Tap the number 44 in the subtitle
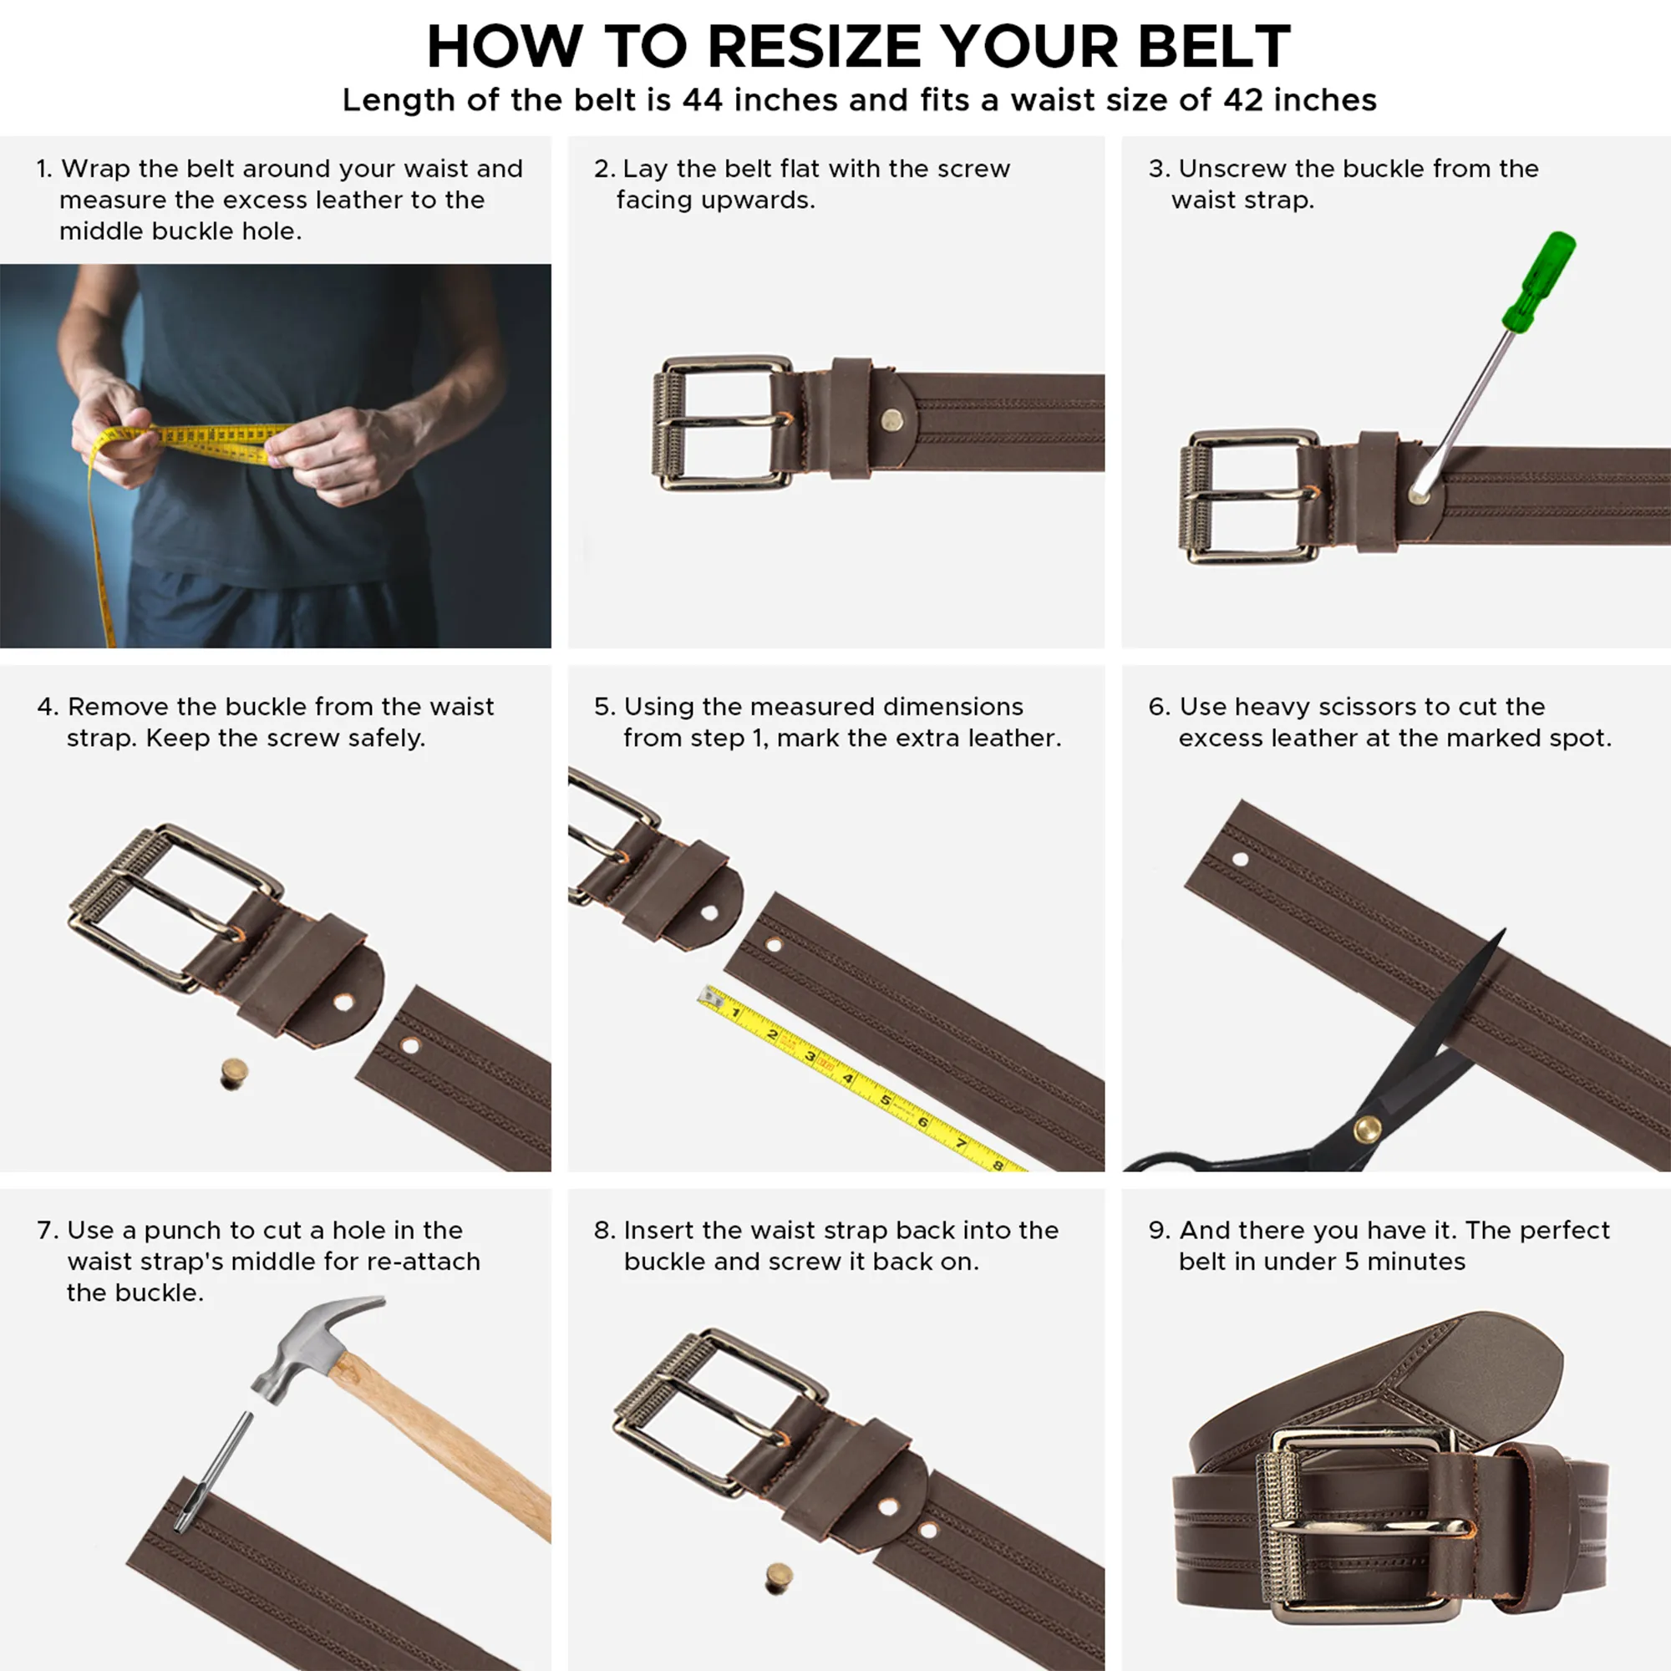(703, 100)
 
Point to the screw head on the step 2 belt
(891, 421)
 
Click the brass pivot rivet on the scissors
(1367, 1128)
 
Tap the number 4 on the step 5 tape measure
(847, 1079)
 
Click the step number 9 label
(1157, 1231)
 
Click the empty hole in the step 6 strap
(1240, 860)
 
